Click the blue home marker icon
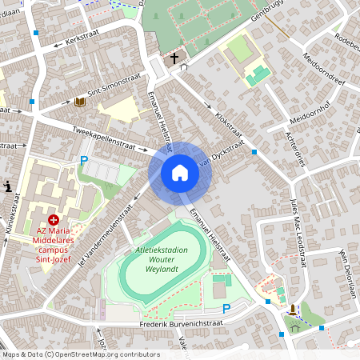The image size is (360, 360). click(x=180, y=173)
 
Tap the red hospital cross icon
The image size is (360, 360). click(x=54, y=218)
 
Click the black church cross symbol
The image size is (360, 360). click(x=174, y=58)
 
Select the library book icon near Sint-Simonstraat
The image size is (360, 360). click(x=80, y=102)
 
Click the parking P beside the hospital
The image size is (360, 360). click(x=83, y=161)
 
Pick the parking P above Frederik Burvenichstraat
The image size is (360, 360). click(x=226, y=308)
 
